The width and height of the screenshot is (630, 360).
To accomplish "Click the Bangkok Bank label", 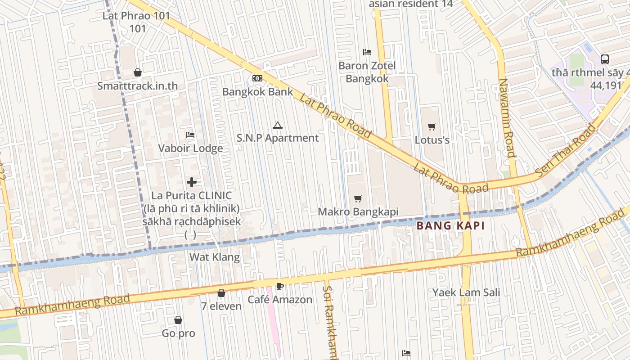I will [258, 92].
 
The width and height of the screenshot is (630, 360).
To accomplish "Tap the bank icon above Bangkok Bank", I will [257, 78].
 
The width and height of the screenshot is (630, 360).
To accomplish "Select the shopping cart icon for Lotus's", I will [432, 126].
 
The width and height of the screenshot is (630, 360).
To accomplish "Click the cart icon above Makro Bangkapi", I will [358, 198].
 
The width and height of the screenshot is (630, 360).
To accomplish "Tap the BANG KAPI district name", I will [450, 226].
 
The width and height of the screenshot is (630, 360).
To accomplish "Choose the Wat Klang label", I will [215, 257].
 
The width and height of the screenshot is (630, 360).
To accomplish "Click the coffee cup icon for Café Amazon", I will [279, 286].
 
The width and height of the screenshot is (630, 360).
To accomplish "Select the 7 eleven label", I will [221, 306].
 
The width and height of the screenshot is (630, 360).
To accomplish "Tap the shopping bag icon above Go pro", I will [178, 320].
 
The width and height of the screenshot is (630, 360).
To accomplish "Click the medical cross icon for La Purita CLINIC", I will [192, 182].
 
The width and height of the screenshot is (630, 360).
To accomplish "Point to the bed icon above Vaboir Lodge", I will [190, 135].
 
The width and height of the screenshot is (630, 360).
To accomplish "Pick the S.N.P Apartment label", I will [278, 138].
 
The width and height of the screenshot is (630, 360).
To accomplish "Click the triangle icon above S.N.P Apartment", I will [278, 125].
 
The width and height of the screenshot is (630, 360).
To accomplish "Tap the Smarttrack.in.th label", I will [138, 86].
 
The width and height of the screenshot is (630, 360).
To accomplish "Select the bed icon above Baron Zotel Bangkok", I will [367, 52].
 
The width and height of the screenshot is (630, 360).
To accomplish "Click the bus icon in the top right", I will [605, 59].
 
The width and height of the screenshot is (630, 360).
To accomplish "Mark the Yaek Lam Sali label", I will [466, 292].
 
